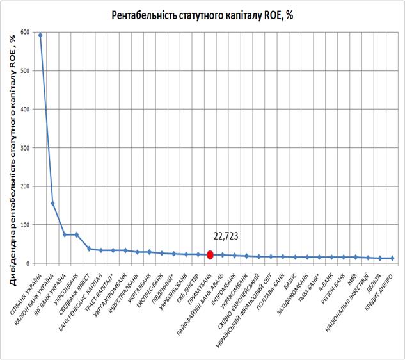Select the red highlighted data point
[210, 254]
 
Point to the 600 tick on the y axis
[26, 32]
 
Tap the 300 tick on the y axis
[26, 148]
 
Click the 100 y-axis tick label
[26, 225]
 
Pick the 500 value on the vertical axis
[26, 70]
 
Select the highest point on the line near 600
[40, 35]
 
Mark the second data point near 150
[52, 204]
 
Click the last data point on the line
[392, 258]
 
